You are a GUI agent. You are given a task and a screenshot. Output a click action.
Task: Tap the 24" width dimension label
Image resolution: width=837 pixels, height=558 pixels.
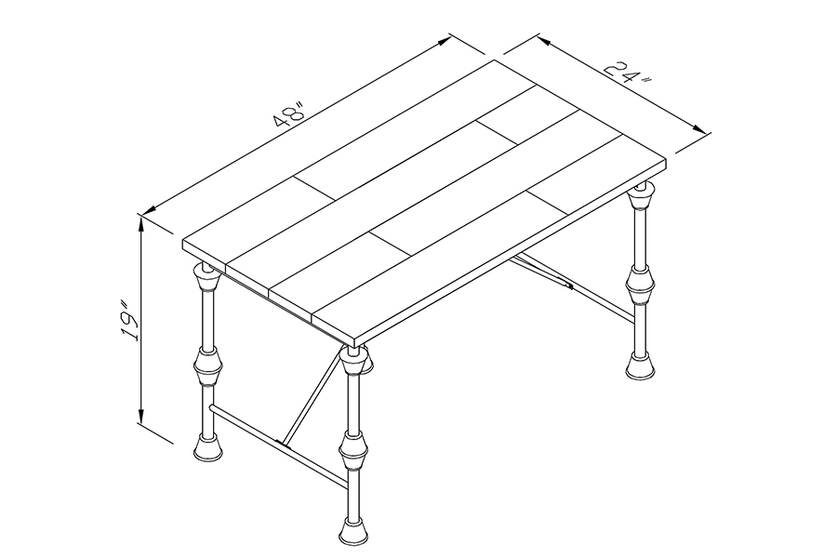(x=629, y=73)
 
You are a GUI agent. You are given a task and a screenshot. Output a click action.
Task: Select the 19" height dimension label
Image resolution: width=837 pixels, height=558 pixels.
(x=129, y=322)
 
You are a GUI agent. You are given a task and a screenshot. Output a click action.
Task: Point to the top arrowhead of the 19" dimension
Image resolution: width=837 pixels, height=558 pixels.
(x=141, y=224)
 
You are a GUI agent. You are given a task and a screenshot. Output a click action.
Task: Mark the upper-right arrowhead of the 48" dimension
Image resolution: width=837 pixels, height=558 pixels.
(x=445, y=42)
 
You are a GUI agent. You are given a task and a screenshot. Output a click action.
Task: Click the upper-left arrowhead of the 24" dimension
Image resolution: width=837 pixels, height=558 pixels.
(x=543, y=41)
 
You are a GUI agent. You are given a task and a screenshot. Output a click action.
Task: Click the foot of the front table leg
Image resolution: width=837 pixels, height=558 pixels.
(x=353, y=531)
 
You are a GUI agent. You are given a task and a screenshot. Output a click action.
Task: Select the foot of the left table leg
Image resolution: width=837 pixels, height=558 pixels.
(x=207, y=447)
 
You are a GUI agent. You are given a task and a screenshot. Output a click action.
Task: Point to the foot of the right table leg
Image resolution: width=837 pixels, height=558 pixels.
(x=641, y=365)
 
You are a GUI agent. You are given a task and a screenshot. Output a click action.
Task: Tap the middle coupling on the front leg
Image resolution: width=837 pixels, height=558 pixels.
(x=353, y=451)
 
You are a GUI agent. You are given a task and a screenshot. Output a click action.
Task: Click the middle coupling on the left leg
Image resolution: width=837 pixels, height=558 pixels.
(x=207, y=367)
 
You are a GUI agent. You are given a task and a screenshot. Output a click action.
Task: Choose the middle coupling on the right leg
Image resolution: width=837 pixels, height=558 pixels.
(x=641, y=284)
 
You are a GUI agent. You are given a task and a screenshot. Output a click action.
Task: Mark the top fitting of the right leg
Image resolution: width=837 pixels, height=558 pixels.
(x=641, y=197)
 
